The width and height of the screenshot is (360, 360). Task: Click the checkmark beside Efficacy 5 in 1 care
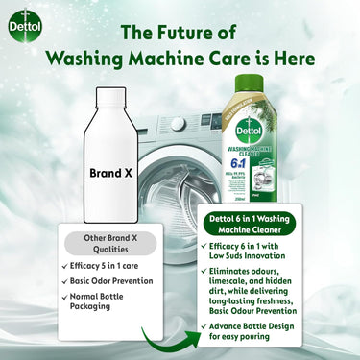pos(64,265)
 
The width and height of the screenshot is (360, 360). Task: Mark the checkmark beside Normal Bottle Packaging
pos(64,300)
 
